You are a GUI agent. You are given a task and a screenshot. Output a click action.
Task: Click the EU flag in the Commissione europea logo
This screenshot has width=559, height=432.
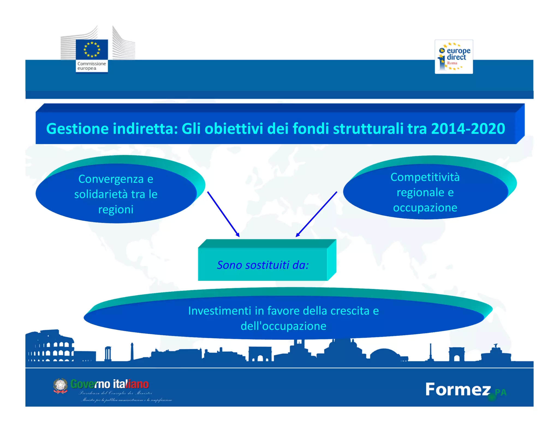point(92,49)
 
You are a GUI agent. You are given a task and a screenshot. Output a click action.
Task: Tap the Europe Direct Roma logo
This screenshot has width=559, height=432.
point(454,57)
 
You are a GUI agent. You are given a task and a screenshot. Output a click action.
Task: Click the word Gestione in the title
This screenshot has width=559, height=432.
point(77,129)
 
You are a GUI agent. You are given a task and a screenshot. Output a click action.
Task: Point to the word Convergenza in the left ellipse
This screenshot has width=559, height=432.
point(111,179)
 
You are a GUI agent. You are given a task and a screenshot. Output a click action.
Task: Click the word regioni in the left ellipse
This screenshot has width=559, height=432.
point(116,209)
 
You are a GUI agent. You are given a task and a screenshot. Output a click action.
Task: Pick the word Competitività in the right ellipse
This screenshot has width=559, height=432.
point(425,177)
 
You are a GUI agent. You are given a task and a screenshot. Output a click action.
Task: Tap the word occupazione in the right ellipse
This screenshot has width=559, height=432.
point(425,208)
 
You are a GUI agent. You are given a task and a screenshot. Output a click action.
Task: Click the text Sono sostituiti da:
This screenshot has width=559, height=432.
point(263,265)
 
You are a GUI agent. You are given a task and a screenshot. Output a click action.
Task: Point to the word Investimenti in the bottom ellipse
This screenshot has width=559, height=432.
point(219,311)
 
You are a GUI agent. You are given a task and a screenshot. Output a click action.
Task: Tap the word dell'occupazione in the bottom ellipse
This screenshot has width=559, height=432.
point(283,326)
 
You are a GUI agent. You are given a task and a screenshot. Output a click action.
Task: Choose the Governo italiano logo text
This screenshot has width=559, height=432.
point(109,384)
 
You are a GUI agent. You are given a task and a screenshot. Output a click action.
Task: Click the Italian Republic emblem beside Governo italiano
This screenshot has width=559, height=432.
point(60,386)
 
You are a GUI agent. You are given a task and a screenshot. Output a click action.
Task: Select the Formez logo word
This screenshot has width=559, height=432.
point(458,389)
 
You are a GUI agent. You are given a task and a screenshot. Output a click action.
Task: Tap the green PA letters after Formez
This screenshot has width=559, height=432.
point(501,392)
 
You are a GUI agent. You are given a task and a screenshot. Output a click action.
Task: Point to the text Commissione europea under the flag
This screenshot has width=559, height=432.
point(91,66)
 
